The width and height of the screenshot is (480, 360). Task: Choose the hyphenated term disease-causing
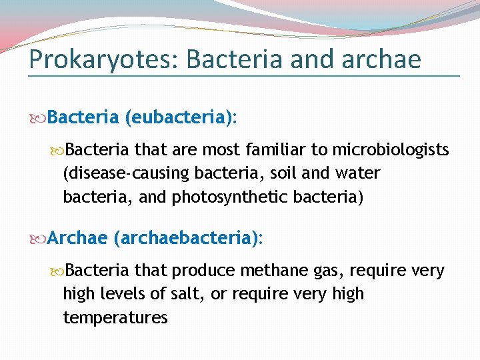coord(126,174)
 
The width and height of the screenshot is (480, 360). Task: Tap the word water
coord(357,174)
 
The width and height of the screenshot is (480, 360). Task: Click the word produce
coord(203,271)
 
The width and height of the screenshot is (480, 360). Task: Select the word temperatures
coord(115,317)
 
